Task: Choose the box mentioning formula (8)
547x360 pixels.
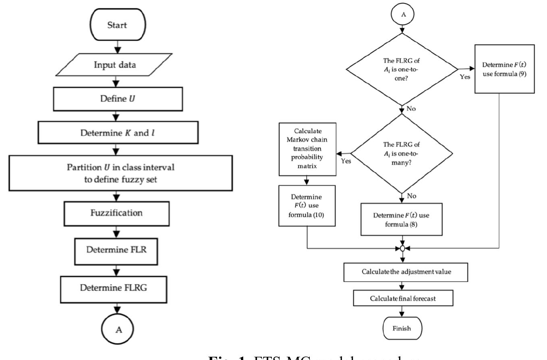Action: pyautogui.click(x=402, y=219)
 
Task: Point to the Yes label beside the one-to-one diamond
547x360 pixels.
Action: pyautogui.click(x=465, y=76)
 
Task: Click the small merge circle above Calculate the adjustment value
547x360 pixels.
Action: pyautogui.click(x=402, y=248)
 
